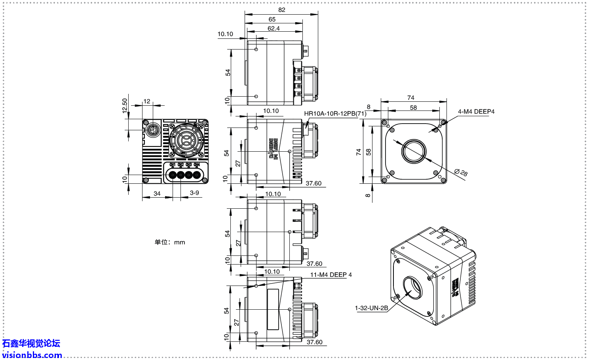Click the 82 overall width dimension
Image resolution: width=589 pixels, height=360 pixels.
(281, 10)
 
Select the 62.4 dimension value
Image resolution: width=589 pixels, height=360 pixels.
(274, 29)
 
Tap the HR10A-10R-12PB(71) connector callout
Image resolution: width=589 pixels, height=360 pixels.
(335, 114)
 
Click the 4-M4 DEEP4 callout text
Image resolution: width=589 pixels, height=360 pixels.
(476, 112)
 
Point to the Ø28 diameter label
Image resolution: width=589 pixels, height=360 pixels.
(461, 172)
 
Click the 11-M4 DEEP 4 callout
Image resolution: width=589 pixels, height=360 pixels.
(331, 275)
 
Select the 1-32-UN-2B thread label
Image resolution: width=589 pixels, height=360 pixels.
(371, 308)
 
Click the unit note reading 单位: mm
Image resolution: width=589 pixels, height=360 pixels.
(170, 242)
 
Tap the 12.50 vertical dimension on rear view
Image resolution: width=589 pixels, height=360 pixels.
(125, 106)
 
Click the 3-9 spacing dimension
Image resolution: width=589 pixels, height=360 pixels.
(194, 193)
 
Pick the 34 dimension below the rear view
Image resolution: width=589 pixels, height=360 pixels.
(157, 193)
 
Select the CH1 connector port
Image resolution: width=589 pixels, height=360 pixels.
(173, 175)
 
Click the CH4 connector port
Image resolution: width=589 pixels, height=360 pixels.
(197, 175)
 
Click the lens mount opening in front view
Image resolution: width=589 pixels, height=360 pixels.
(414, 151)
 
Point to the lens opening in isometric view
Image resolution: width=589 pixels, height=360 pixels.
(413, 288)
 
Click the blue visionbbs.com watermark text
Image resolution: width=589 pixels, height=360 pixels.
(32, 355)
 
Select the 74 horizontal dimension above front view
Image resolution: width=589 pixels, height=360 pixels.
(411, 98)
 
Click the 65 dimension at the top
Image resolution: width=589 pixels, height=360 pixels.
(272, 19)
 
